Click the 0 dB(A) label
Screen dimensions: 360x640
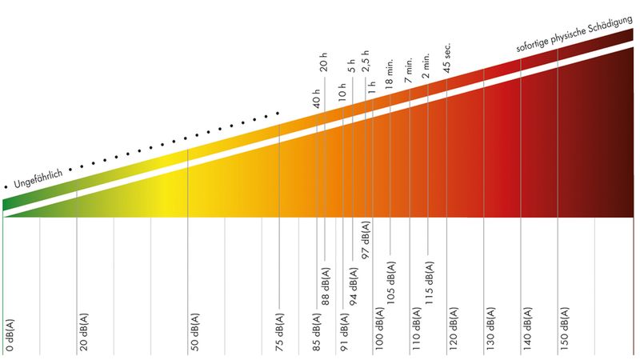click(x=9, y=334)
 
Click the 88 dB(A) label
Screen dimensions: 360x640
click(x=326, y=282)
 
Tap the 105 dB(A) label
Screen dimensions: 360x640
click(x=391, y=282)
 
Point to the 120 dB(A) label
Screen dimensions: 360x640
click(x=454, y=329)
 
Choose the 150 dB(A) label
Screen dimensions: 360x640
click(x=565, y=329)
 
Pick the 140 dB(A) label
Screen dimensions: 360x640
click(x=527, y=329)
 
